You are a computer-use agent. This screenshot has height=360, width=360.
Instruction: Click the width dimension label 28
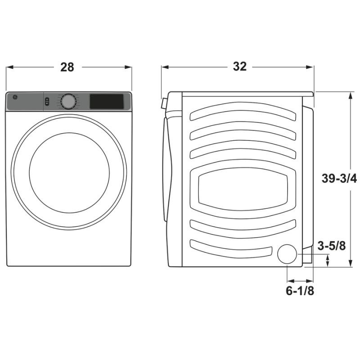(67, 67)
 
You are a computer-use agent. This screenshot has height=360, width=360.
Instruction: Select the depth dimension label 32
(239, 67)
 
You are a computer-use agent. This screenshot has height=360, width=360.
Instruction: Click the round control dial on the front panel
(68, 101)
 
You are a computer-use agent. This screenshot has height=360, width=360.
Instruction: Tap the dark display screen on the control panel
(107, 101)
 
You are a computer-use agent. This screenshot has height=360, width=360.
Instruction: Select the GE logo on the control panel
(13, 97)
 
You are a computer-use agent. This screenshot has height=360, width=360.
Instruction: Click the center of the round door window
(69, 171)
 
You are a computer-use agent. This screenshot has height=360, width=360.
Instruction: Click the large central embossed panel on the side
(243, 189)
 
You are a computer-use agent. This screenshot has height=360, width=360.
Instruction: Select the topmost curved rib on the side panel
(243, 112)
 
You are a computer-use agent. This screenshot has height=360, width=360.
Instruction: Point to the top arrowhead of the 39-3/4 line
(350, 94)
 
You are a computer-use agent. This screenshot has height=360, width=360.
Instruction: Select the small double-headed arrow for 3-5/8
(327, 261)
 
